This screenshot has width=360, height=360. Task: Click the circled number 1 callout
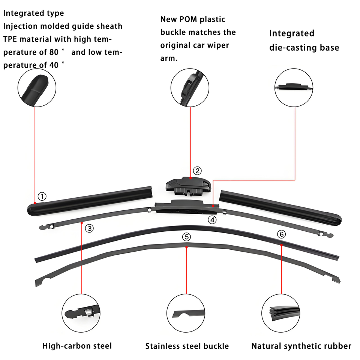point(42,196)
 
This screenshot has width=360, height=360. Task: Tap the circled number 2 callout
point(197,171)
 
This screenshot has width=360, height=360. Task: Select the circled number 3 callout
point(89,228)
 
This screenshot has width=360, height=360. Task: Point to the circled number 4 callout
point(212,220)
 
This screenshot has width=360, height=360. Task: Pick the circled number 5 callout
point(186,237)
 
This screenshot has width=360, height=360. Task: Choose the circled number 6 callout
point(282,234)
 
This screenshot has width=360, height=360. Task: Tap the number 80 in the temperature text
point(54,52)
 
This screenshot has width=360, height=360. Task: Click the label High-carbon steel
point(77,346)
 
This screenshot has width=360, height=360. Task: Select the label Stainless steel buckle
point(187,346)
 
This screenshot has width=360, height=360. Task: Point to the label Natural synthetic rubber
point(301,346)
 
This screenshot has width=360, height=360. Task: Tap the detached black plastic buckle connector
point(188,186)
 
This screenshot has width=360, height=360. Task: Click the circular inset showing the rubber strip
point(281,313)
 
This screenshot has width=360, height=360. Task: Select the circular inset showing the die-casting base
point(294,87)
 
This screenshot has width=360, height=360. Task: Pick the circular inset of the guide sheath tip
point(37,87)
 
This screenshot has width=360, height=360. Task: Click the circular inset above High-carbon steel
point(81,313)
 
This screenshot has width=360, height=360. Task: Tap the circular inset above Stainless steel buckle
point(186,313)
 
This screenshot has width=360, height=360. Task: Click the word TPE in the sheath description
point(10,39)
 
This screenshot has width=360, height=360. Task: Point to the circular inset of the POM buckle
point(190,87)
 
